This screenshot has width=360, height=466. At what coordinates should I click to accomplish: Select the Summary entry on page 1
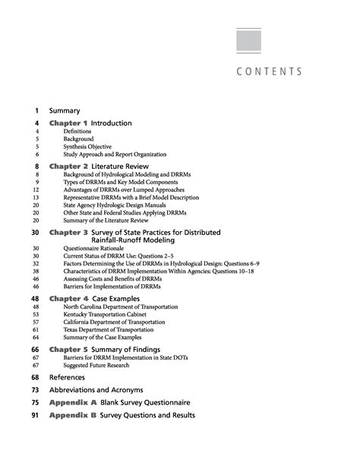[x=65, y=110]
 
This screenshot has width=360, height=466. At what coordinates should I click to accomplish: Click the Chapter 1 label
[x=68, y=122]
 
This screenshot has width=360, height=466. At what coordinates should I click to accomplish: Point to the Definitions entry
[x=78, y=132]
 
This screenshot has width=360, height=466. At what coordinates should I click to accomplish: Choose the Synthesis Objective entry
[x=87, y=147]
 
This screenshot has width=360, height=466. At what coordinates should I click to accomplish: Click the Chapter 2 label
[x=68, y=166]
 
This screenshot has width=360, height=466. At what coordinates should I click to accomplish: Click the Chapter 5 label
[x=68, y=349]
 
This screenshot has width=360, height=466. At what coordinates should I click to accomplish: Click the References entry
[x=68, y=377]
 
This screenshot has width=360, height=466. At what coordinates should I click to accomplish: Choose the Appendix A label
[x=73, y=402]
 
